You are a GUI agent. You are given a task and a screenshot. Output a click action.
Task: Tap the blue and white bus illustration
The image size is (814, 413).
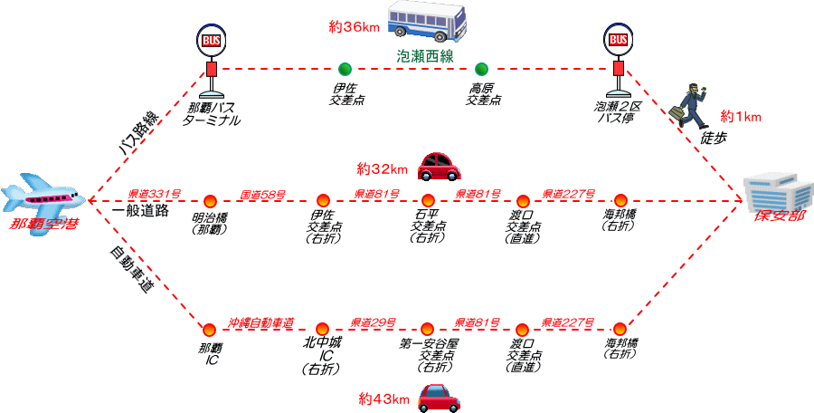pyautogui.click(x=426, y=23)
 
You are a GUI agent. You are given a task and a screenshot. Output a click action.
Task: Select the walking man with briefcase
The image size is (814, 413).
pyautogui.click(x=691, y=106)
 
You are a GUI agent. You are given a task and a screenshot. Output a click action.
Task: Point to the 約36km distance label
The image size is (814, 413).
pyautogui.click(x=354, y=27)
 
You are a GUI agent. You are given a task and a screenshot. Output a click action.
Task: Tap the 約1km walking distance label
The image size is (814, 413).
pyautogui.click(x=741, y=117)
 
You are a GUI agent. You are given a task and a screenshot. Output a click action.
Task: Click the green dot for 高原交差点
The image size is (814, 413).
pyautogui.click(x=482, y=69)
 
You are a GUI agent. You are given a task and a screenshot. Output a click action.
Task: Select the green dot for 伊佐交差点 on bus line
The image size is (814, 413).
pyautogui.click(x=344, y=69)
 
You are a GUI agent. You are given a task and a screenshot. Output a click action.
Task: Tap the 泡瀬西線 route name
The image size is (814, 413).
pyautogui.click(x=425, y=55)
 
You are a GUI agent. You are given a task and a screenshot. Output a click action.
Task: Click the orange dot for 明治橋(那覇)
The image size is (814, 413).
pyautogui.click(x=210, y=201)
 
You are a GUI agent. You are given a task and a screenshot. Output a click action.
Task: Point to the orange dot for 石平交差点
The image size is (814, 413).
pyautogui.click(x=428, y=201)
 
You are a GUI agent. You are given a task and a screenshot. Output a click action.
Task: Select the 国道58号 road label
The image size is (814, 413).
pyautogui.click(x=263, y=194)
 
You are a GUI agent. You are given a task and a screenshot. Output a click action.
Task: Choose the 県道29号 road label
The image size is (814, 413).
pyautogui.click(x=375, y=322)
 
